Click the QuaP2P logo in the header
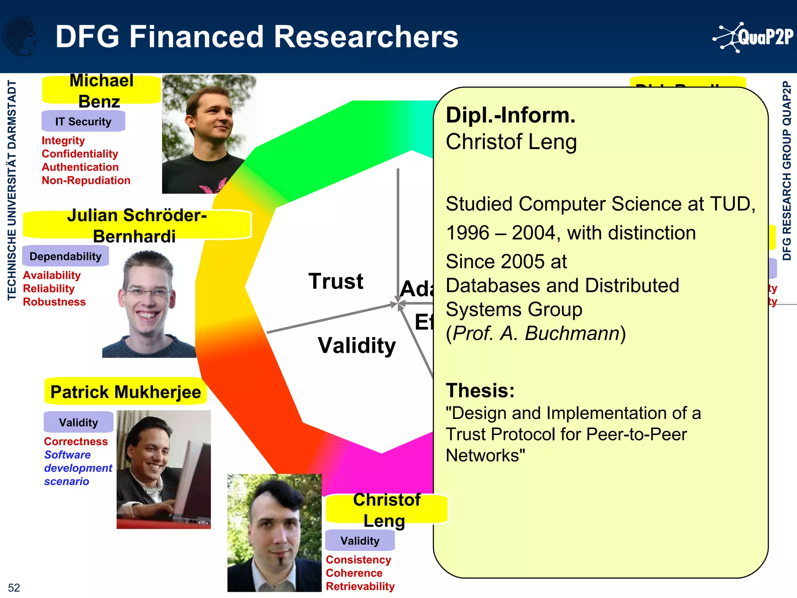(753, 37)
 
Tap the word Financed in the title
(196, 37)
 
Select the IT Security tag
(83, 121)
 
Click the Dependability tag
(65, 256)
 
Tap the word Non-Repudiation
(86, 180)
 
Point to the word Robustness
(54, 302)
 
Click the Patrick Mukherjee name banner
(126, 392)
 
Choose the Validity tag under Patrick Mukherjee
(78, 422)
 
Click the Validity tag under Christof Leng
(360, 540)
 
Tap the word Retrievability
(360, 586)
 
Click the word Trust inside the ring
(335, 281)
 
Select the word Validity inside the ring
(356, 345)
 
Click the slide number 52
(14, 587)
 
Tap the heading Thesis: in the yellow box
(480, 390)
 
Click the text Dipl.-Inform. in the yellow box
(510, 115)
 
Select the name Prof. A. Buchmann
(536, 333)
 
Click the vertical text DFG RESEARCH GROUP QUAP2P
(786, 171)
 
